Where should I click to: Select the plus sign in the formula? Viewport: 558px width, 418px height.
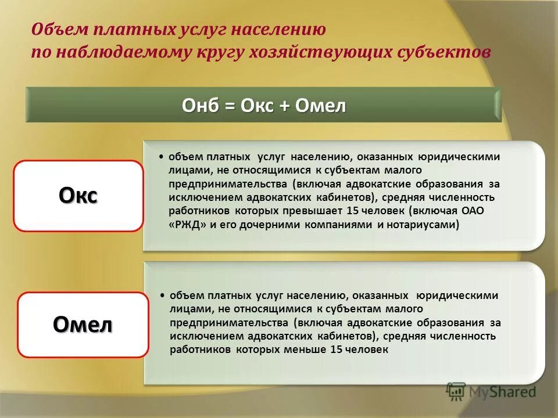[284, 106]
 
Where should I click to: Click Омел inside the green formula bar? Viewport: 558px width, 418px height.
[320, 106]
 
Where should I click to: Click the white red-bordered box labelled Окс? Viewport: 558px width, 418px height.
[78, 196]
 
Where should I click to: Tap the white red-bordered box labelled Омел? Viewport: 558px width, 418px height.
[83, 325]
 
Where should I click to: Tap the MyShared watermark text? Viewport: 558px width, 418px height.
[503, 392]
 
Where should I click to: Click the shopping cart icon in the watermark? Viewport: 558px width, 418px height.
[456, 391]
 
